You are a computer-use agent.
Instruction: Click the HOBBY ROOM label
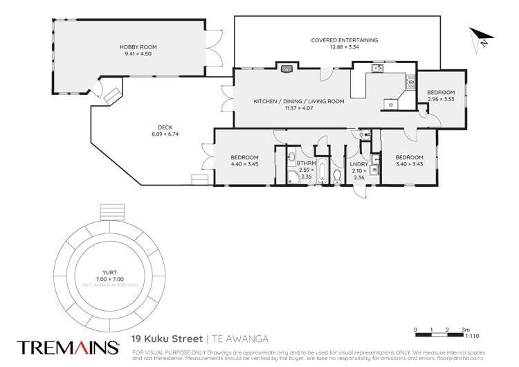[131, 47]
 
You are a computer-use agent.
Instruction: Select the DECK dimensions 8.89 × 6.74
[165, 134]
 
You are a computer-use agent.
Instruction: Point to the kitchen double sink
[378, 68]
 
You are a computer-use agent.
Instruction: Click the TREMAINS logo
[61, 346]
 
